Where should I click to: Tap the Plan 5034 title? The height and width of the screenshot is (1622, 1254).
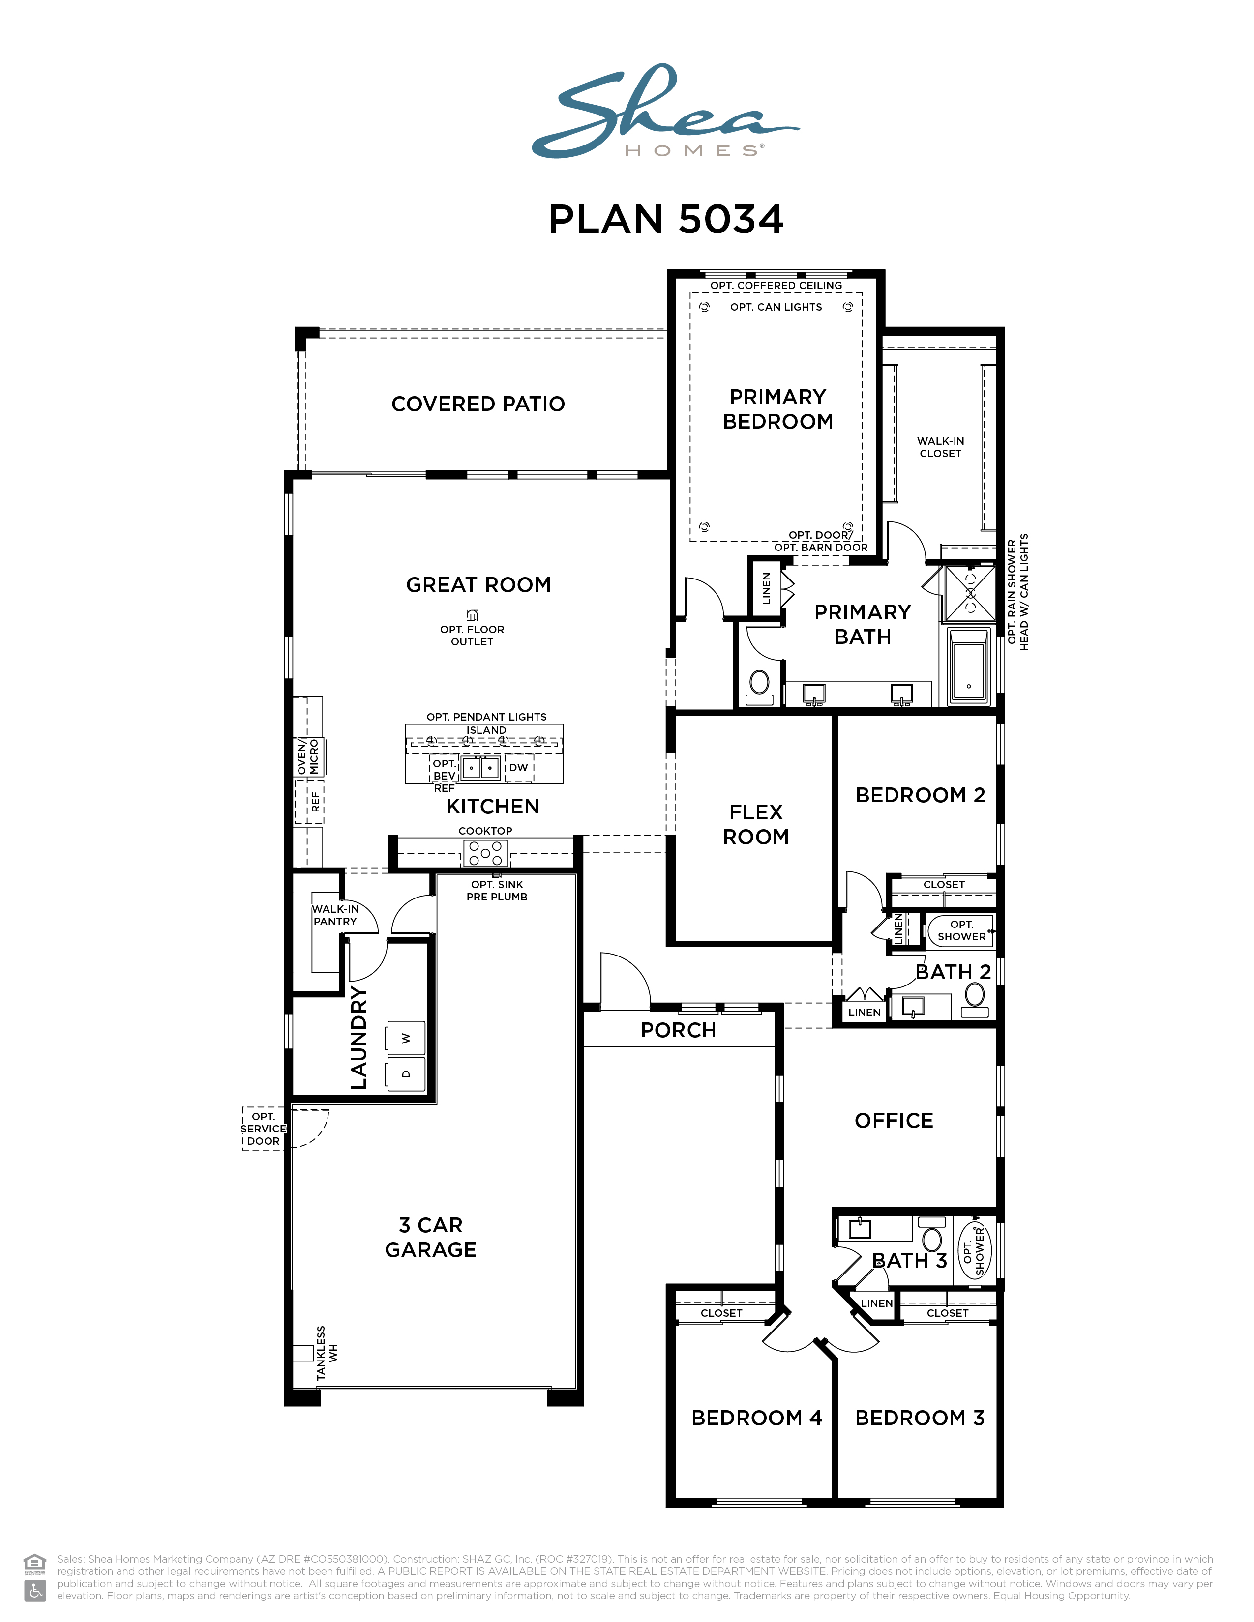[x=666, y=220]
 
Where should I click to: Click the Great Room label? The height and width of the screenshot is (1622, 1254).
[x=478, y=585]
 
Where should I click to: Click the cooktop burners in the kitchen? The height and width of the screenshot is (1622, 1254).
[x=485, y=853]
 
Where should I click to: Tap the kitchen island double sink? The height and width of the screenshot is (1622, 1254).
[x=480, y=767]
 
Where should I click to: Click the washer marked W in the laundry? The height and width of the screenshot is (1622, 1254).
[x=406, y=1038]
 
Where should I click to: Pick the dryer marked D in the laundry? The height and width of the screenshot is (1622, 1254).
[x=406, y=1074]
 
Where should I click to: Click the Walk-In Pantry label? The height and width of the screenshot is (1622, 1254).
[x=335, y=915]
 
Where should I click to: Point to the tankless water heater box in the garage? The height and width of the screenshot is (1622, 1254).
[x=303, y=1353]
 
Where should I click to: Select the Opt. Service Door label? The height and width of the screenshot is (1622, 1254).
[x=264, y=1129]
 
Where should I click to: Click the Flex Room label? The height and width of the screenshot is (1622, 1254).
[x=756, y=824]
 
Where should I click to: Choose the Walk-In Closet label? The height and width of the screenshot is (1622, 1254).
[x=940, y=447]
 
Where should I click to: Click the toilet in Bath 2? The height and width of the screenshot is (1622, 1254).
[x=975, y=1000]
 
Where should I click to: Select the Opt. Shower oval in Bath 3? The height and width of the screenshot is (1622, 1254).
[x=974, y=1251]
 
